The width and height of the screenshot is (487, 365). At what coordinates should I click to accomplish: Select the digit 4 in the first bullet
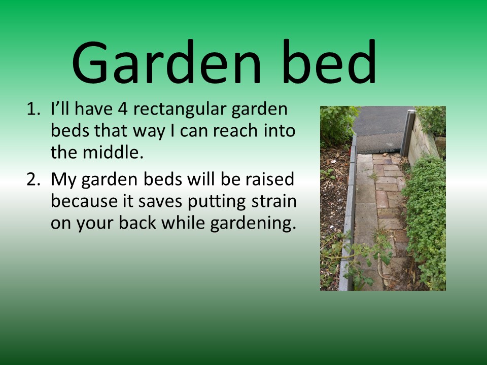point(123,109)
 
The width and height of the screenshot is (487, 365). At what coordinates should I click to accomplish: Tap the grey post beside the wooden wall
point(407,133)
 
